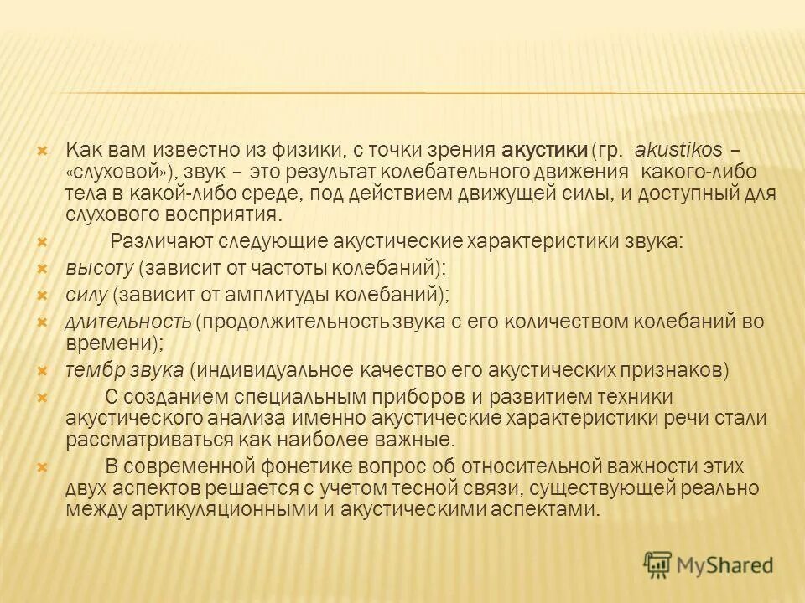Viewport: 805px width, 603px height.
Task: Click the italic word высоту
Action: point(100,268)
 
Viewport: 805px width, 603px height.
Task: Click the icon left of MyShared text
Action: point(658,564)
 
